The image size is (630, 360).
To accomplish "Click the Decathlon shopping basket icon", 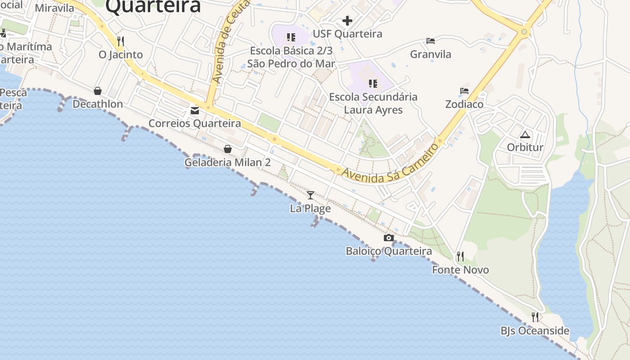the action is click(98, 91).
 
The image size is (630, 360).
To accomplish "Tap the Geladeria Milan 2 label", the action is click(228, 162).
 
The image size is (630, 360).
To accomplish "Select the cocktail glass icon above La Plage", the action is click(310, 195).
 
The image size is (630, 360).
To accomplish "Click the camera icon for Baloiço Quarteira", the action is click(389, 238).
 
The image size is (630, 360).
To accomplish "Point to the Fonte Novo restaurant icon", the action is click(460, 256).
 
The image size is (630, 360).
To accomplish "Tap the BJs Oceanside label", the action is click(535, 331).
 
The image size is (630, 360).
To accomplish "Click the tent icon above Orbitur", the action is click(525, 135).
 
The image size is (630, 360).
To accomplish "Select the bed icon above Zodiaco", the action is click(464, 91).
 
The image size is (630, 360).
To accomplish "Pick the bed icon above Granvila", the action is click(431, 41).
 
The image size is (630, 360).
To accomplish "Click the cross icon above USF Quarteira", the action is click(347, 21).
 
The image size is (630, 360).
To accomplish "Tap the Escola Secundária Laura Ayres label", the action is click(373, 103).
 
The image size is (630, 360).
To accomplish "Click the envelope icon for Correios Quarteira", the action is click(195, 110).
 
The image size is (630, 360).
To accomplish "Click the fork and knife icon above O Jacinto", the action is click(120, 41).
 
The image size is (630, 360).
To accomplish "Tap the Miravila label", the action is click(54, 8).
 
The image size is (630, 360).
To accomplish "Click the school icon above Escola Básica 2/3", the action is click(291, 37).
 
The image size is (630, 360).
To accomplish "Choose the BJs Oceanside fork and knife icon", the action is click(535, 317).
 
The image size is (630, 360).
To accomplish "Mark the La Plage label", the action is click(310, 208).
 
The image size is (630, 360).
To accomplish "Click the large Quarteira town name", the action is click(153, 6).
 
